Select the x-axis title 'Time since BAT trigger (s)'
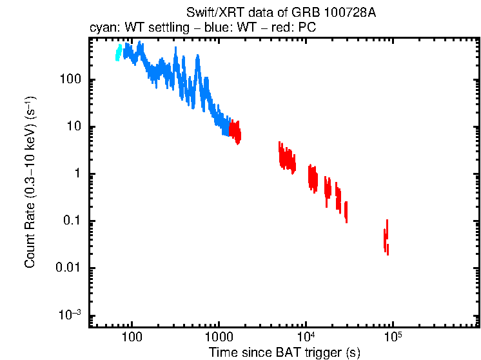(x=284, y=352)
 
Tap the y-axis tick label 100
(x=70, y=80)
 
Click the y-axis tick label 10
(x=72, y=127)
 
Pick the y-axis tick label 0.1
(x=71, y=221)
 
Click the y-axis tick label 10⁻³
(x=70, y=315)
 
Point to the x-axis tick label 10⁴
(x=305, y=337)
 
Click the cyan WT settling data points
(x=118, y=53)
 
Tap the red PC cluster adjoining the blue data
(x=236, y=132)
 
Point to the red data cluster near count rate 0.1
(x=346, y=212)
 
